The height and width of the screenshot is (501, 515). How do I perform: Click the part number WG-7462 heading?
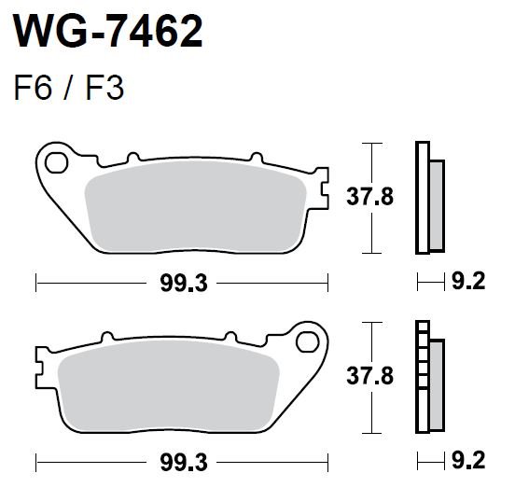click(x=107, y=31)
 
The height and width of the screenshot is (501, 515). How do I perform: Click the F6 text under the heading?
click(x=33, y=88)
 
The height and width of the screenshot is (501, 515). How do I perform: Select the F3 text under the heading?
click(x=104, y=88)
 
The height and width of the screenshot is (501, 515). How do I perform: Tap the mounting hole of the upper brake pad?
click(x=57, y=162)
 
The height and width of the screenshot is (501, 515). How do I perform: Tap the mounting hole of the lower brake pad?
click(x=308, y=341)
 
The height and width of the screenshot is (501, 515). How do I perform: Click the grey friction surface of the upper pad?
click(x=196, y=206)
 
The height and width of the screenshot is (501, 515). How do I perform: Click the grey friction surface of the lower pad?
click(x=169, y=385)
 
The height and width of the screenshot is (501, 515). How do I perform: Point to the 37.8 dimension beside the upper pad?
click(x=369, y=197)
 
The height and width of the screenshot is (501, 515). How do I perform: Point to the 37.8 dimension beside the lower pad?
click(x=369, y=376)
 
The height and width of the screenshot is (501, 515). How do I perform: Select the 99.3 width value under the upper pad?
click(x=184, y=284)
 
